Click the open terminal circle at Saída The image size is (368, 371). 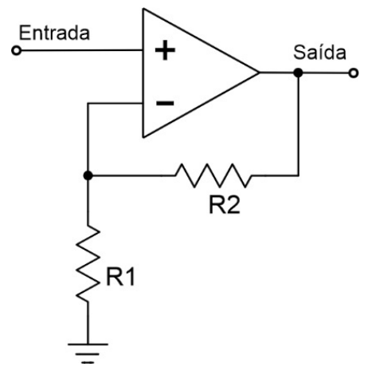pyautogui.click(x=354, y=73)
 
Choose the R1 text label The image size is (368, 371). pyautogui.click(x=120, y=278)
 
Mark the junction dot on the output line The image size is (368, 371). pyautogui.click(x=298, y=73)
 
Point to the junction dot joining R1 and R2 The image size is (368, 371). pyautogui.click(x=88, y=175)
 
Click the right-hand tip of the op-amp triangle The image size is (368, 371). pyautogui.click(x=259, y=73)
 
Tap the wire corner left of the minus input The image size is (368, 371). pyautogui.click(x=88, y=104)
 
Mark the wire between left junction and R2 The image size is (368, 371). pyautogui.click(x=135, y=175)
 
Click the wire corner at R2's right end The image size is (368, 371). pyautogui.click(x=298, y=175)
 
